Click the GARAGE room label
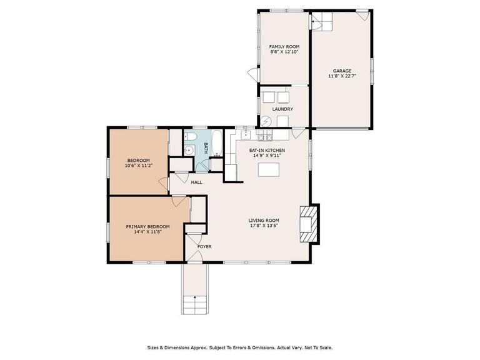(x=341, y=71)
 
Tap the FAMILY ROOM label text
(x=284, y=47)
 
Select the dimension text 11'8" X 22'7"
(x=341, y=76)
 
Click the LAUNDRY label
(x=282, y=109)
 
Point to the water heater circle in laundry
(x=265, y=121)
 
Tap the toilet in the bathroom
(x=192, y=137)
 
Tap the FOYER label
(x=204, y=246)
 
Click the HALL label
(x=197, y=182)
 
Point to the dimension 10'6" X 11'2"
(x=139, y=166)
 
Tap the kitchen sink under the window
(x=246, y=134)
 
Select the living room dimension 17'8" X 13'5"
(x=264, y=226)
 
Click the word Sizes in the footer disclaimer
(x=154, y=347)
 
